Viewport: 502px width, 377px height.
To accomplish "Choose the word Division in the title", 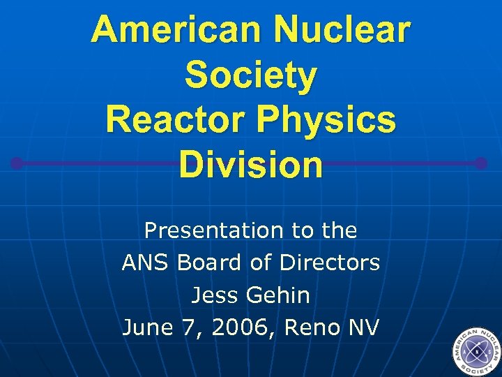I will pos(250,165).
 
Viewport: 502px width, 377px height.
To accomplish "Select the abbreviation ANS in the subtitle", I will pos(146,263).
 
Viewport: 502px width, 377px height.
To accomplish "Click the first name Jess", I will pos(214,295).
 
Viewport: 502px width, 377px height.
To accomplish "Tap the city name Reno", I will pos(312,327).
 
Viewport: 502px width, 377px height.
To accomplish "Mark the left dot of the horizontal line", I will pos(17,164).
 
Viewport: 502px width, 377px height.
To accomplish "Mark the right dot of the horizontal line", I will pos(481,164).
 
